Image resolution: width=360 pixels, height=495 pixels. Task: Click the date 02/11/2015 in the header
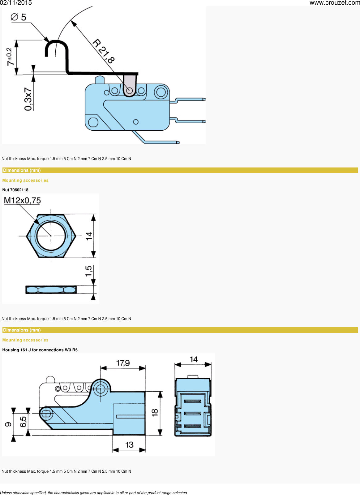tap(16, 3)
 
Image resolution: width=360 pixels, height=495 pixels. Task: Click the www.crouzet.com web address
tap(334, 3)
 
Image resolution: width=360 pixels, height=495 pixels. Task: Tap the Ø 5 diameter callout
tap(19, 17)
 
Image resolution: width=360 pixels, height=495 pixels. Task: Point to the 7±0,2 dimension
tap(10, 56)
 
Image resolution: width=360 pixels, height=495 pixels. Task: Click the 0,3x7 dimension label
tap(28, 99)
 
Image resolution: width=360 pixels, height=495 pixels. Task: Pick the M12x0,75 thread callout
tap(22, 201)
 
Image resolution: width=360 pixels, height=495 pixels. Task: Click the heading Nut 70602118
tap(15, 190)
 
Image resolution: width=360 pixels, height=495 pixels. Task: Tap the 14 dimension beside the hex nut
tap(89, 236)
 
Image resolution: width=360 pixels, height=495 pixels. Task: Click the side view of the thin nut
tap(51, 290)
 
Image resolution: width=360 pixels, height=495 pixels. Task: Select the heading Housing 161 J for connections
tap(40, 350)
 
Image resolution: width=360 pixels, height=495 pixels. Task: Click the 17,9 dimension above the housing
tap(123, 363)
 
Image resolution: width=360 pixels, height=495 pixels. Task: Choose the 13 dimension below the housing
tap(129, 445)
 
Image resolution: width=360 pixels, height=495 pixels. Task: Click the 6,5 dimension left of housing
tap(23, 421)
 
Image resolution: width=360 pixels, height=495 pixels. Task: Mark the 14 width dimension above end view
tap(194, 359)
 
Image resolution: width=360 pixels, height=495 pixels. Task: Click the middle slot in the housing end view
tap(193, 414)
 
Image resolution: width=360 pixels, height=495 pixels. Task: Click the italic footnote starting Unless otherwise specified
tap(93, 493)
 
